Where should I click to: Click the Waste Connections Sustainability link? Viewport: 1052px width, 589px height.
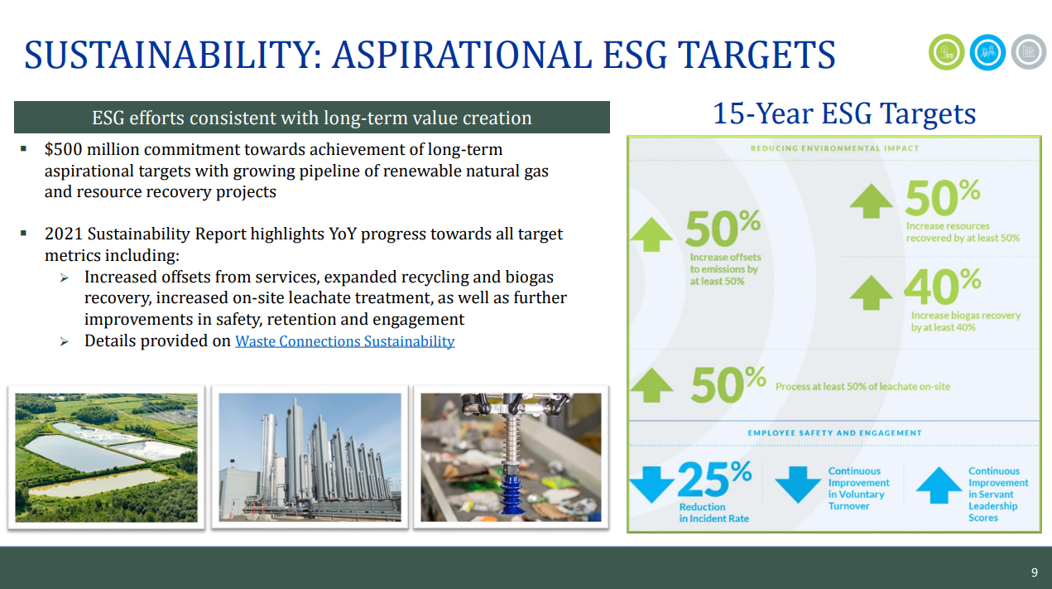click(x=344, y=340)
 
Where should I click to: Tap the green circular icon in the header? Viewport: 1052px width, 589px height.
click(x=946, y=52)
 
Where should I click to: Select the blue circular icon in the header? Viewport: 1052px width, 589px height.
click(x=987, y=52)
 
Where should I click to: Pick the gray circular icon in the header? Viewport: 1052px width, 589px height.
click(x=1029, y=52)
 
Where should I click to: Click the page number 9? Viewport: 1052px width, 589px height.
click(x=1034, y=572)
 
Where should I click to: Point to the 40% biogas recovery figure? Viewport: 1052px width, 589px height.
click(x=942, y=287)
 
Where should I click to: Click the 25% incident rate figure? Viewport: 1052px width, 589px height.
click(x=714, y=479)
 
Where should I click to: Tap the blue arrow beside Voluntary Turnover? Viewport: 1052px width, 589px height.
click(x=797, y=485)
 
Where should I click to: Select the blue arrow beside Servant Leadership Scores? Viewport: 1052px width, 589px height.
click(x=939, y=485)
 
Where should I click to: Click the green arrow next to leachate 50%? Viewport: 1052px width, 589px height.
click(x=652, y=385)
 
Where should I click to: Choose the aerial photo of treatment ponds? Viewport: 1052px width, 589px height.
click(x=106, y=457)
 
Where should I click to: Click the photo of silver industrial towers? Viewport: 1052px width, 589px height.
click(x=310, y=457)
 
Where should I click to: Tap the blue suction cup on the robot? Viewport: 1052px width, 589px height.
click(x=512, y=493)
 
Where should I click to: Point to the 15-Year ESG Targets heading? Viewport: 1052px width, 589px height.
click(x=844, y=114)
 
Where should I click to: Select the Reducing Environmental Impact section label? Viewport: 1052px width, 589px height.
click(x=834, y=148)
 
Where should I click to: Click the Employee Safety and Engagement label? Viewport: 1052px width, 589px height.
click(x=834, y=433)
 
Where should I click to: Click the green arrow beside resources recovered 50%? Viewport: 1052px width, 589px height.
click(x=872, y=201)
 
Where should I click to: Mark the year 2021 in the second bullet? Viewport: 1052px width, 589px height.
click(x=64, y=234)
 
